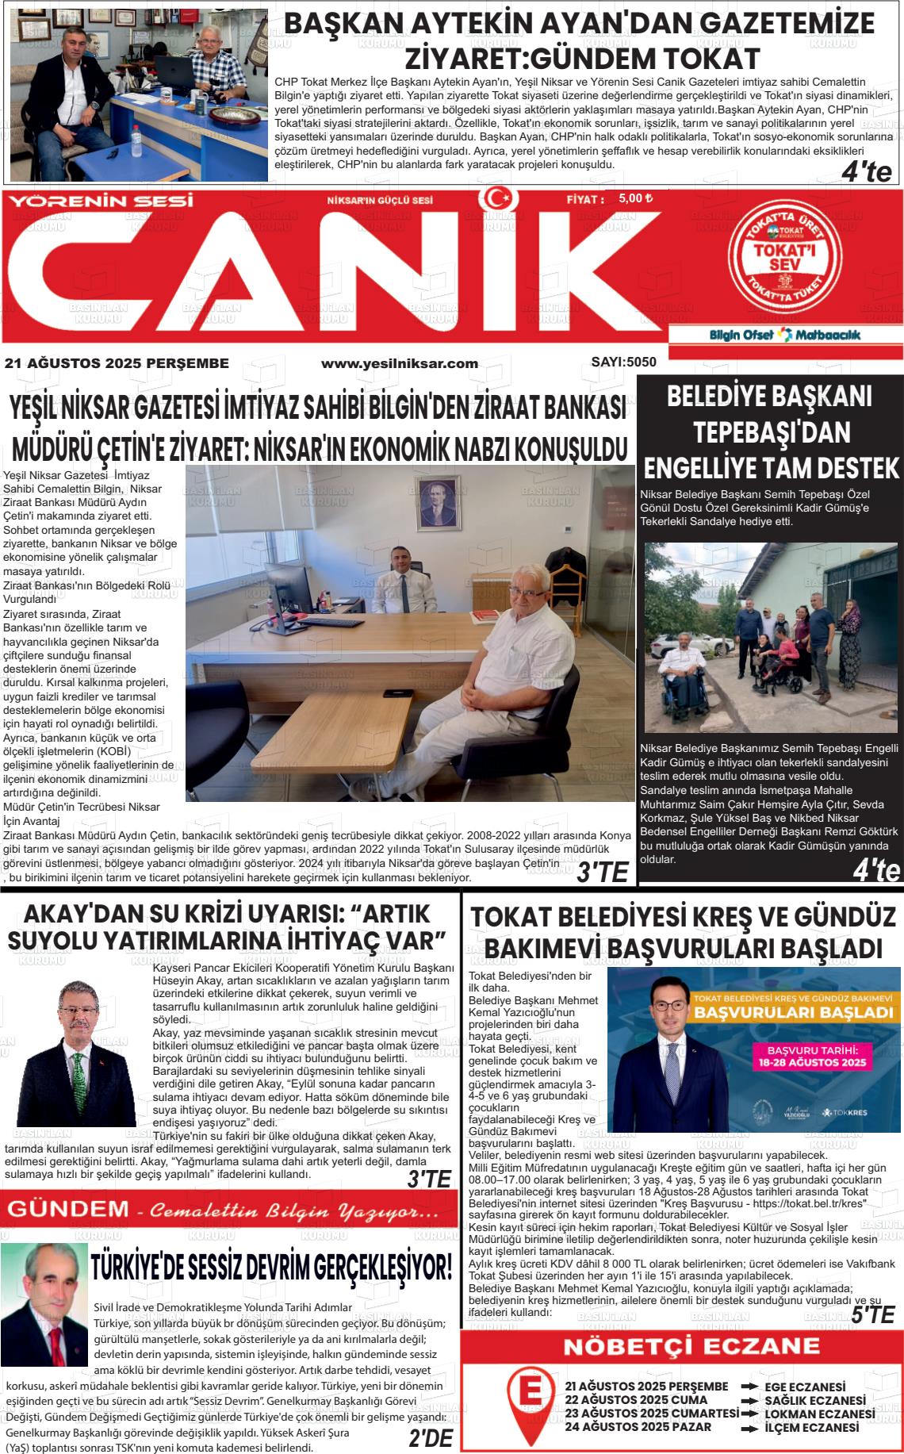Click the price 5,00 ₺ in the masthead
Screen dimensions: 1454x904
635,199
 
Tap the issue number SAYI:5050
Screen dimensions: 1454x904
623,363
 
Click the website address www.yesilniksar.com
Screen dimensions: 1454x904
399,363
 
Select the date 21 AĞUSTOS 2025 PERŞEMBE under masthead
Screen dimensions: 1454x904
117,363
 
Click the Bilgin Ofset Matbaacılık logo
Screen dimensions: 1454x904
784,335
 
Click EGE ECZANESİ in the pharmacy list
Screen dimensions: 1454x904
814,1387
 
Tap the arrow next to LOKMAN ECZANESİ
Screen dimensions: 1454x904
749,1414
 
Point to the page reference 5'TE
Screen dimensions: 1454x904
872,1314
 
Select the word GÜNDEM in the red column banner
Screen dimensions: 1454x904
67,1210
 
